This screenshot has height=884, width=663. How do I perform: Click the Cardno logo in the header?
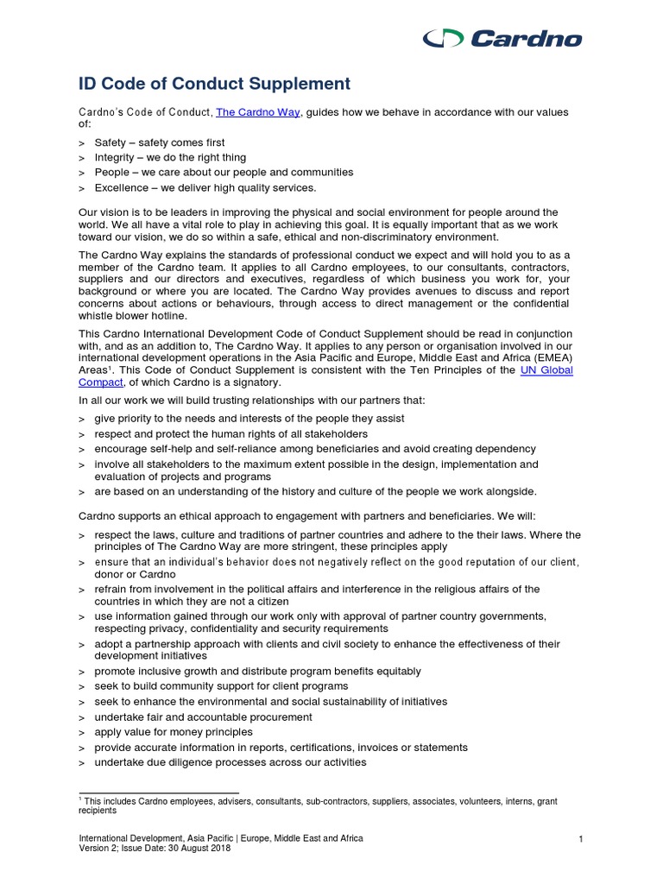point(502,38)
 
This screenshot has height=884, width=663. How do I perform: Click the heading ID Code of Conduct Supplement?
point(214,84)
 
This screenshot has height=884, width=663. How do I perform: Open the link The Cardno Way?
point(257,112)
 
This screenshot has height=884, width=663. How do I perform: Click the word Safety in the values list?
point(110,142)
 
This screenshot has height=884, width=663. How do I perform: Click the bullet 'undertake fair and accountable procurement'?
point(203,717)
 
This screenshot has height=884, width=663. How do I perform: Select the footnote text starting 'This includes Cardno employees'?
point(319,802)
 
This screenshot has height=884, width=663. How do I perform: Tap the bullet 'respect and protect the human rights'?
point(230,433)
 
